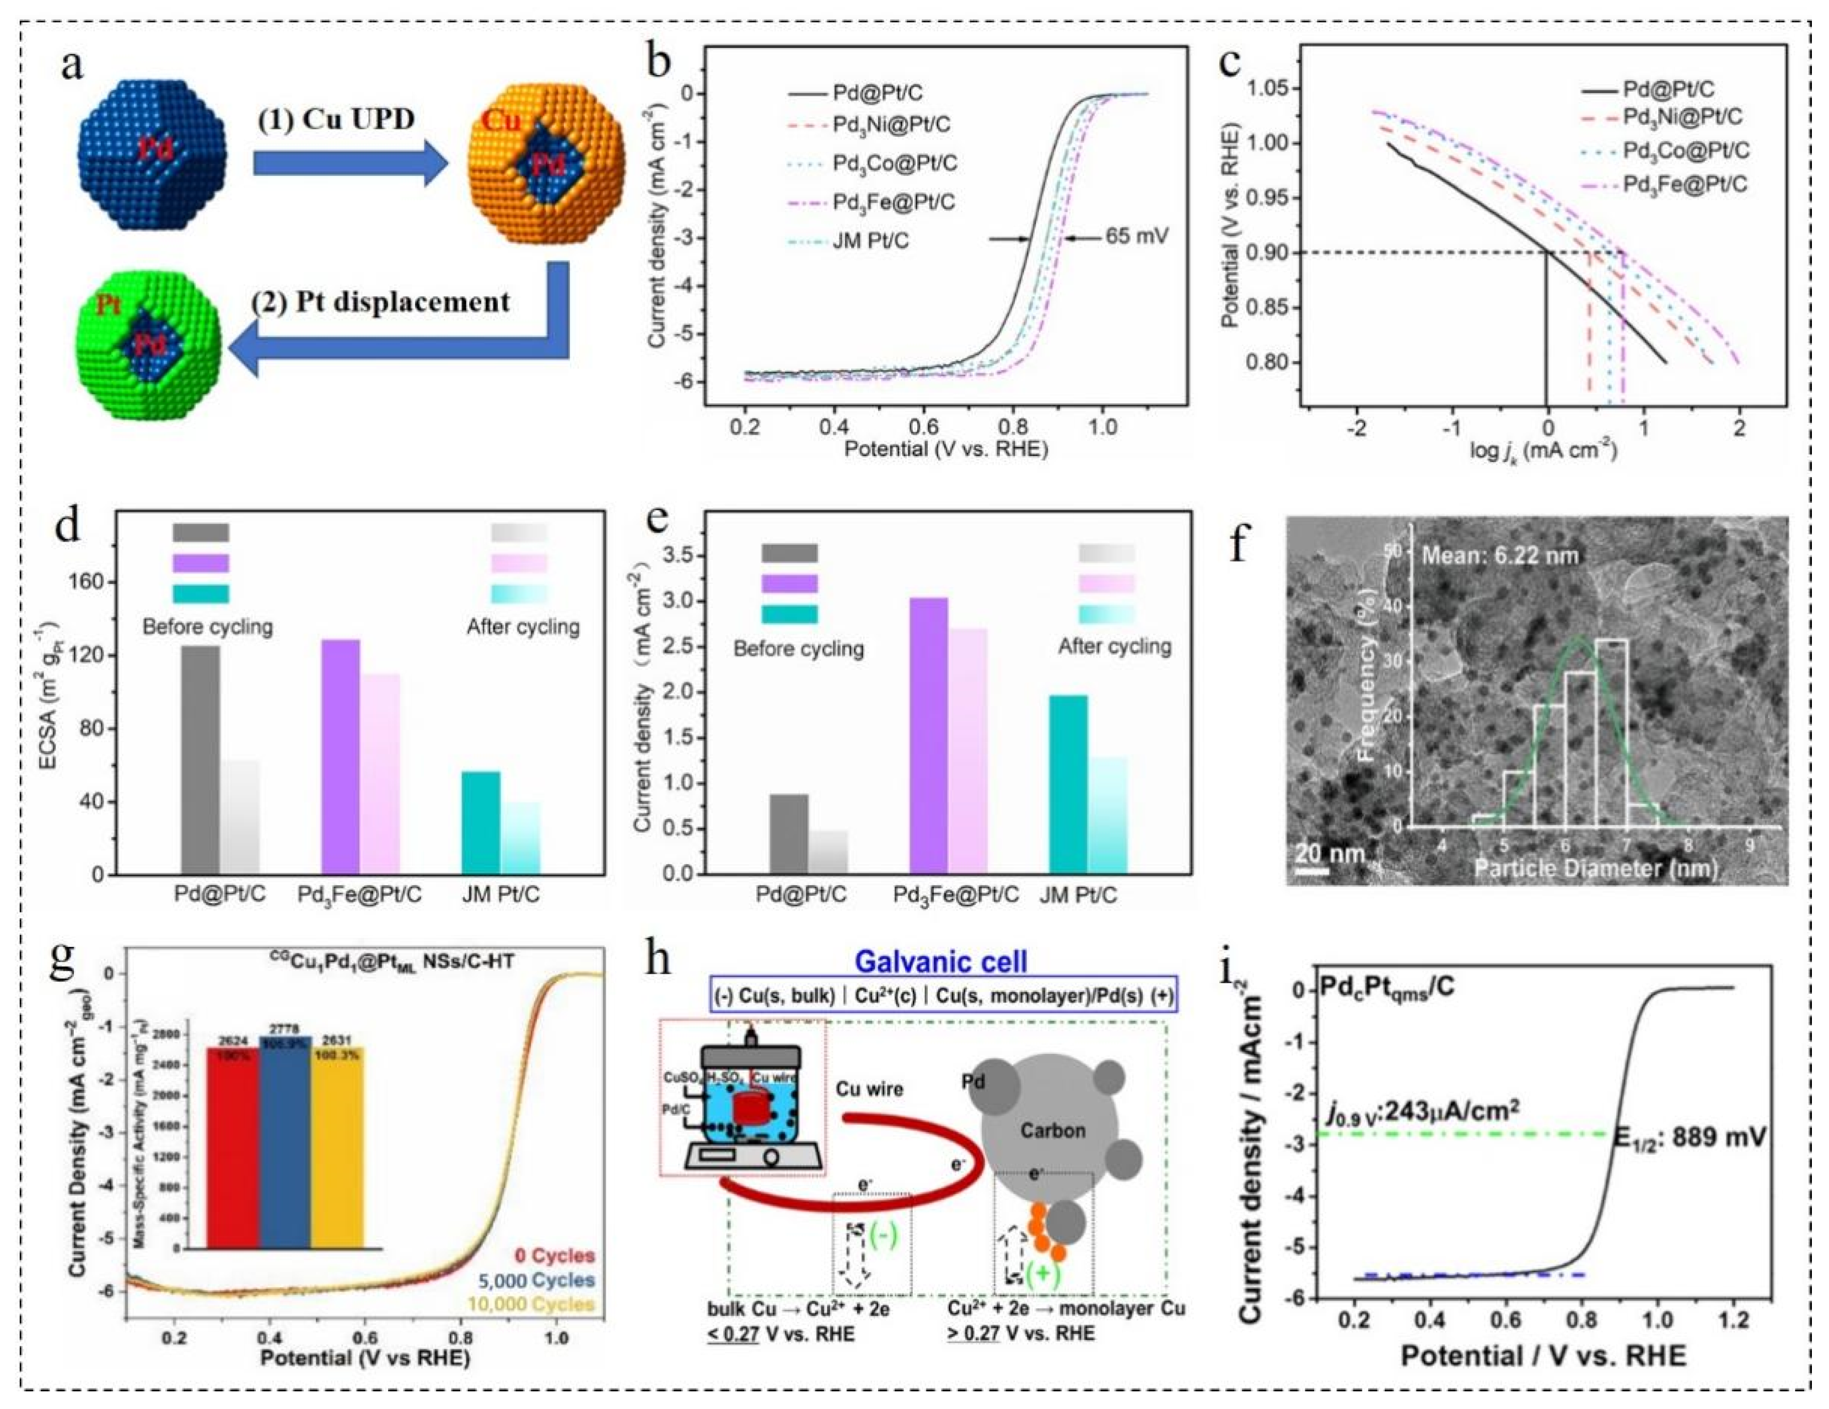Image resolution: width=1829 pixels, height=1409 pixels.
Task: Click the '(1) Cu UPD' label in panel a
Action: coord(336,119)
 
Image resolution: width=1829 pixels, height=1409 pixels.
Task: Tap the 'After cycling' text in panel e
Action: coord(1114,647)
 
